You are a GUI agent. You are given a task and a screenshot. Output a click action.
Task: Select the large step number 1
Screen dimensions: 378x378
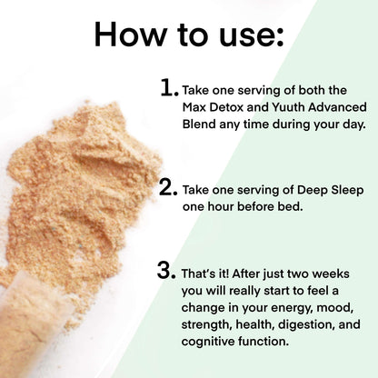click(168, 87)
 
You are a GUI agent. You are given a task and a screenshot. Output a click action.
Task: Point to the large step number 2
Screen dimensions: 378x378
click(168, 188)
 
